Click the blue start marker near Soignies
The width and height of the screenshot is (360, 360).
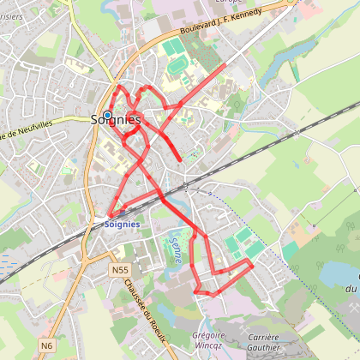[107, 116]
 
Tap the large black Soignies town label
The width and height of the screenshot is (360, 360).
[116, 121]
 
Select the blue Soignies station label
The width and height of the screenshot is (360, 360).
[120, 224]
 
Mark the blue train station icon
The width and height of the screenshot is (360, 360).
[109, 214]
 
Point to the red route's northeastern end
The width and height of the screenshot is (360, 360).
[225, 63]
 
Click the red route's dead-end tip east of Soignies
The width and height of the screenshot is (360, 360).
[180, 159]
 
